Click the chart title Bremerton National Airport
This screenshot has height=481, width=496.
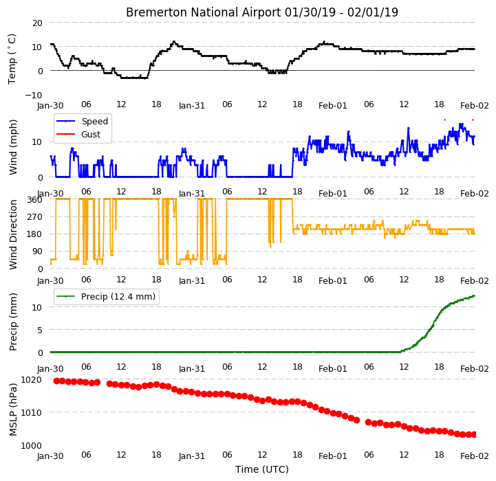click(x=203, y=12)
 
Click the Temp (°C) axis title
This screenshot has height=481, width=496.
click(x=12, y=59)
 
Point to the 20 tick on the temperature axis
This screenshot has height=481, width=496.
click(x=37, y=23)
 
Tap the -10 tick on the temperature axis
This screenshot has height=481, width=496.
click(x=34, y=95)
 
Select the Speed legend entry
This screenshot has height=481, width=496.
click(x=83, y=122)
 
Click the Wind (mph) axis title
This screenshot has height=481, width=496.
click(x=13, y=147)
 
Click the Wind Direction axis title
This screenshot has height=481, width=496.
click(x=13, y=234)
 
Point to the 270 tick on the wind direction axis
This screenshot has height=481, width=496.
click(x=35, y=217)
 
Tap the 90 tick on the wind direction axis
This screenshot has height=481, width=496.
click(x=37, y=251)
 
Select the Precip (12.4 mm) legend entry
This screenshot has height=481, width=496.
click(x=106, y=296)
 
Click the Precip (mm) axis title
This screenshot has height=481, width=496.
click(x=13, y=322)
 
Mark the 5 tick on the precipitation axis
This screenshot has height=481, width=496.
click(x=40, y=331)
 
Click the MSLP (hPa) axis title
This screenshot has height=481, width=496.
click(x=13, y=410)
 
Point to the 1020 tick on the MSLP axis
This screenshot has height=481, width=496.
click(x=32, y=379)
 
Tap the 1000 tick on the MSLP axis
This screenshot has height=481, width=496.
click(x=32, y=445)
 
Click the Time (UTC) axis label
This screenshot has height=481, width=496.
click(x=262, y=469)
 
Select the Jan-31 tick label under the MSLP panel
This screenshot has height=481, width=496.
click(x=192, y=456)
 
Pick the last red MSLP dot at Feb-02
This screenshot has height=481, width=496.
click(x=473, y=435)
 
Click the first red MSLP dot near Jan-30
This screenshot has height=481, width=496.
click(x=56, y=381)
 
